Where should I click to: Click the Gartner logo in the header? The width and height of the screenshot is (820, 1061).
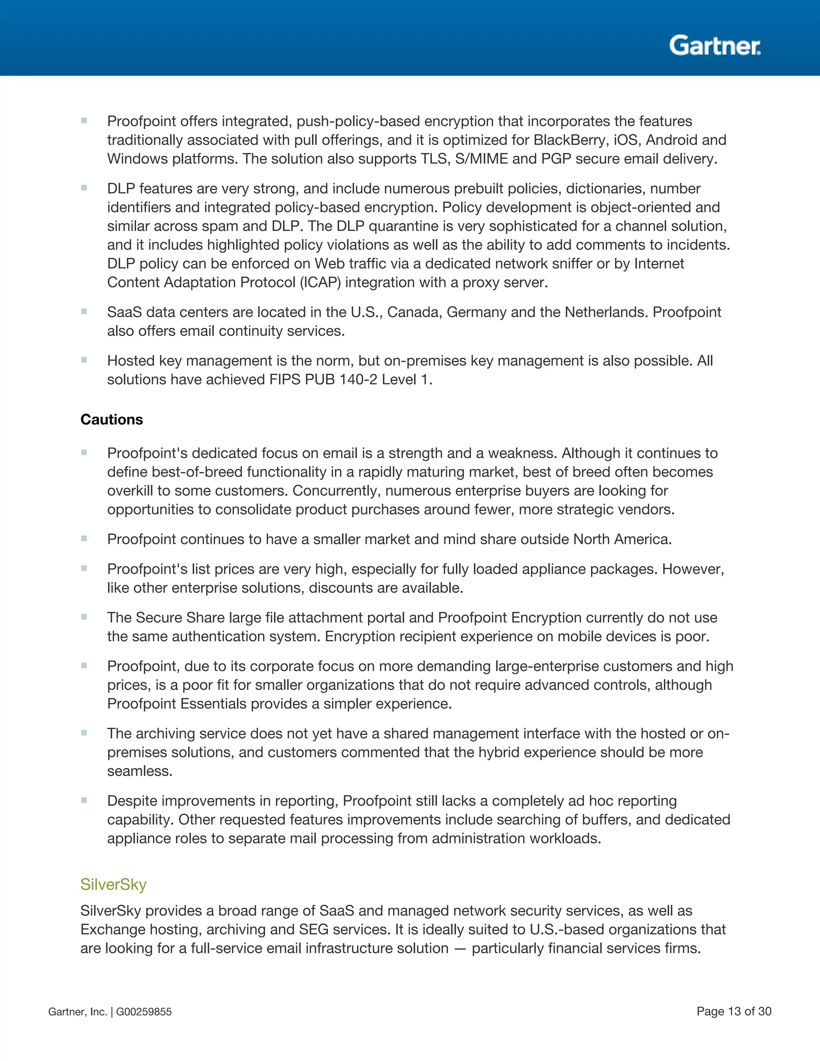[715, 45]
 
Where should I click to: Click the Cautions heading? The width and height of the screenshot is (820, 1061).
[112, 419]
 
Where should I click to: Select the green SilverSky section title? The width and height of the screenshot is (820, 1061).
[113, 884]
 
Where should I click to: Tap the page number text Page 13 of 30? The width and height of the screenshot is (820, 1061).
[734, 1011]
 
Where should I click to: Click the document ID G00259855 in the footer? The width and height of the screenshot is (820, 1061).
[144, 1012]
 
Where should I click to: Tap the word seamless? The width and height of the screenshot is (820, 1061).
[139, 771]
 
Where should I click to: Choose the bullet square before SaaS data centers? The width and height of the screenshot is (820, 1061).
[84, 311]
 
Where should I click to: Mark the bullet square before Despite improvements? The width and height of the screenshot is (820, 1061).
[84, 800]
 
